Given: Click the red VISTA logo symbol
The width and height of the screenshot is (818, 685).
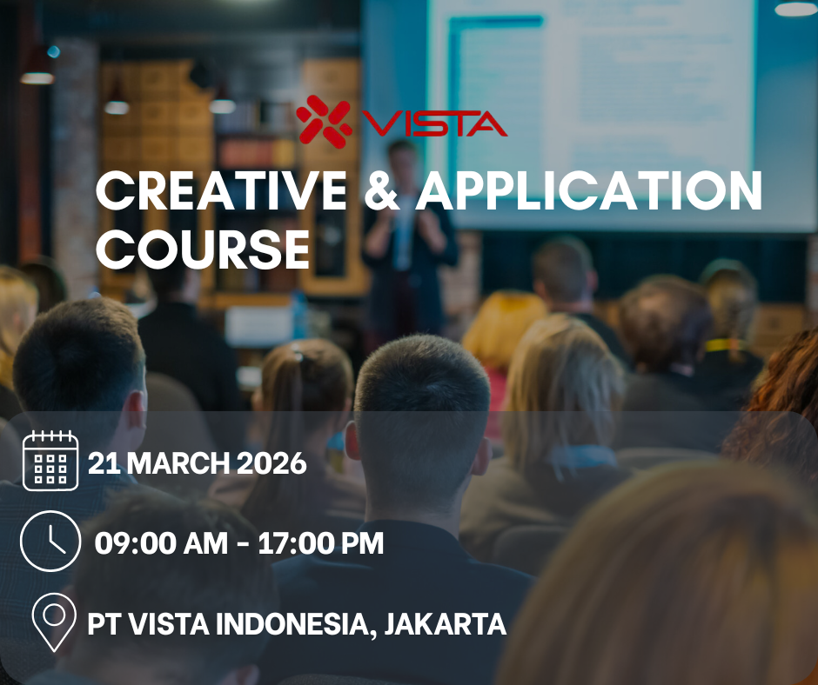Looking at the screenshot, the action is (x=324, y=122).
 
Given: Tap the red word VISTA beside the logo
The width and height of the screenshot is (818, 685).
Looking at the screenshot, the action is (x=434, y=124).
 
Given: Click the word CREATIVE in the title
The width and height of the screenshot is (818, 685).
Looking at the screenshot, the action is (x=222, y=190).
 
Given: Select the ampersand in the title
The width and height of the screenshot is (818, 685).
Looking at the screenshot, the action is (x=381, y=190).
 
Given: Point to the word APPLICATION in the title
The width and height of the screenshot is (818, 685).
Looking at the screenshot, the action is (x=589, y=190).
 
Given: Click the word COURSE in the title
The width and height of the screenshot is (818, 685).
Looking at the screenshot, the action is (x=203, y=249).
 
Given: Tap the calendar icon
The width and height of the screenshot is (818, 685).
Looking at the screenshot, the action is (x=50, y=461).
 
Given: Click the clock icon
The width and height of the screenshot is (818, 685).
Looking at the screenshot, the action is (x=50, y=541).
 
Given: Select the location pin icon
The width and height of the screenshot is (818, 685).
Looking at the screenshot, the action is (x=54, y=622).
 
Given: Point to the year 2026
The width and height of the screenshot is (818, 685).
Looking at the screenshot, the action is (x=272, y=463).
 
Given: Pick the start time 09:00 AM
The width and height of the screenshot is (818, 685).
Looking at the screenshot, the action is (x=161, y=543).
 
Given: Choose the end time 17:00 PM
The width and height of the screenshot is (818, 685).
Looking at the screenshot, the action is (x=321, y=543).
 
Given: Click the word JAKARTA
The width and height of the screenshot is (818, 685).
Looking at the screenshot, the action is (x=446, y=624).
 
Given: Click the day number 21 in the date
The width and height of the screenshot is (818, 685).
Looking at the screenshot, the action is (x=104, y=463).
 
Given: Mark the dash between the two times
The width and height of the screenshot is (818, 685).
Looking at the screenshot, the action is (x=243, y=544).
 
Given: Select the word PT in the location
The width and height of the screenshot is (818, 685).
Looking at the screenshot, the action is (x=104, y=624).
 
